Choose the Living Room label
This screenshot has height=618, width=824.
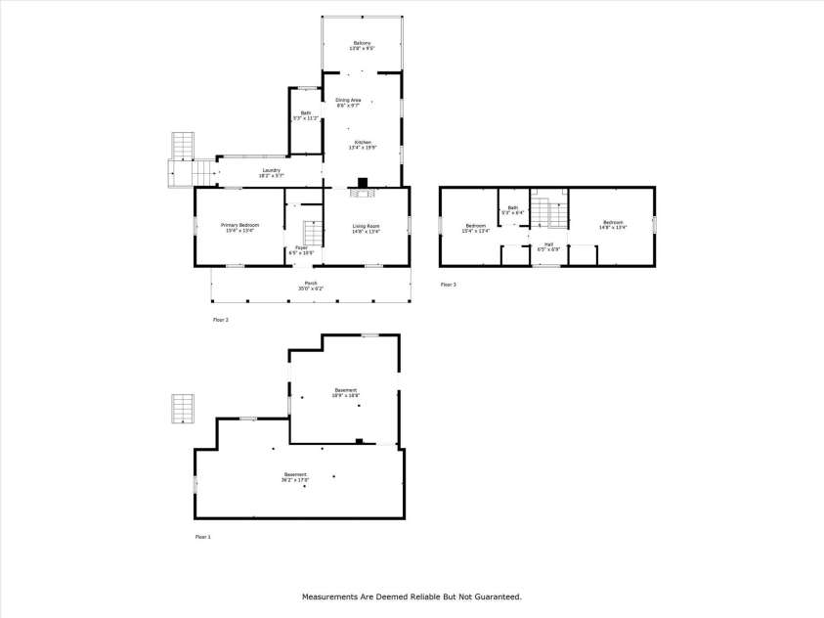367,228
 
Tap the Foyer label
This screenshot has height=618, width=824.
302,248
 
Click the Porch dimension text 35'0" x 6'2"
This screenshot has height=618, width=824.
310,288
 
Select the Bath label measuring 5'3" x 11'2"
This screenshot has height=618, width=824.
305,115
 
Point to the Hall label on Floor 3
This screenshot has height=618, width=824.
548,245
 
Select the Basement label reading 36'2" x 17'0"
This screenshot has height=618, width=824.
295,477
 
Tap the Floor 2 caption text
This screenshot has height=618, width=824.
220,319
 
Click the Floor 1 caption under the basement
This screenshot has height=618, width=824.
202,536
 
